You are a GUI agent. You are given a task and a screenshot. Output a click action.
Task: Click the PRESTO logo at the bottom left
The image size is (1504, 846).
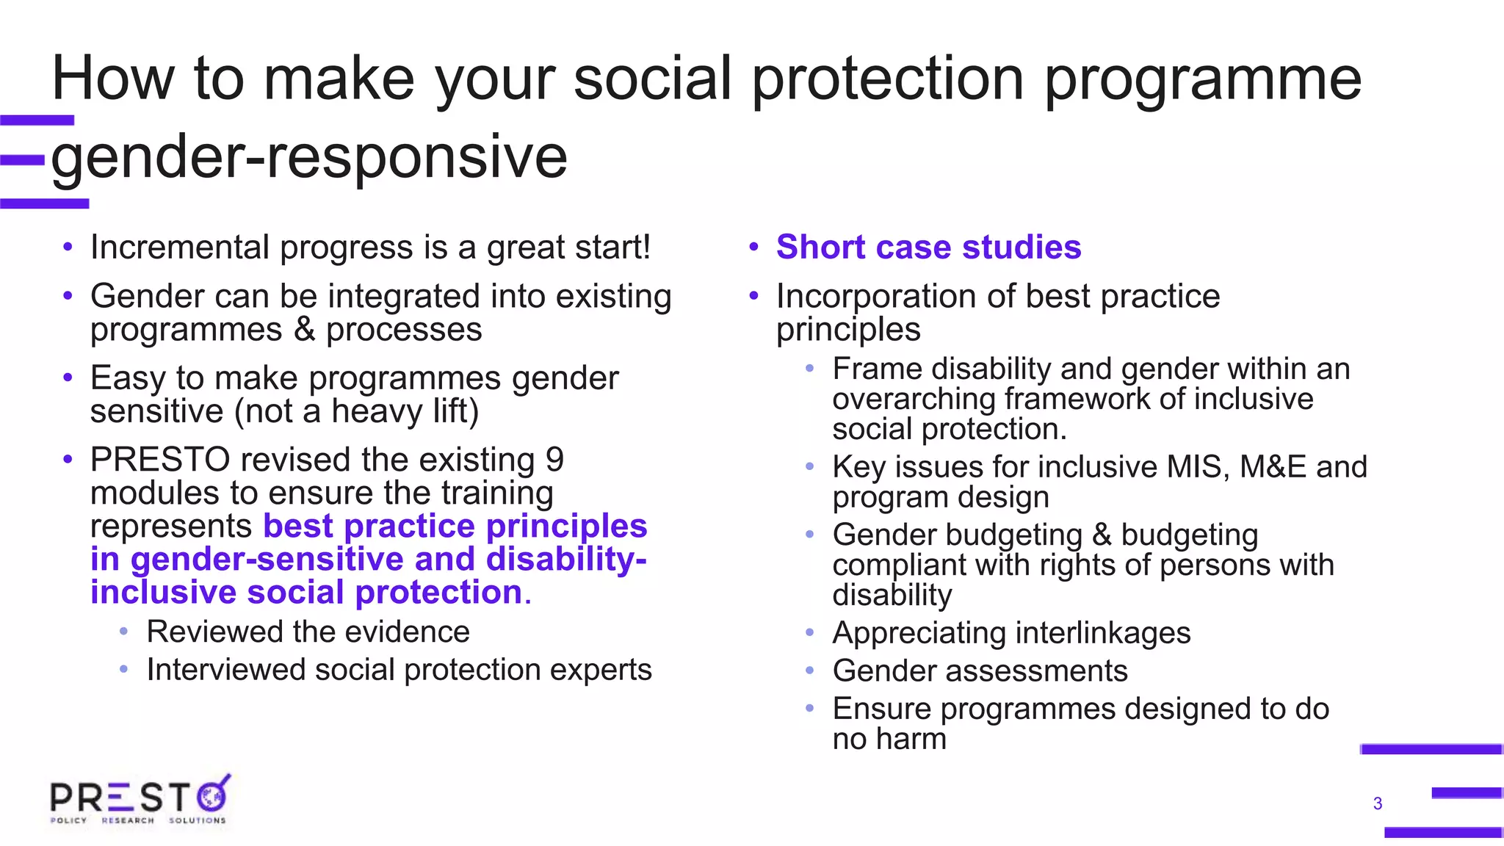point(140,800)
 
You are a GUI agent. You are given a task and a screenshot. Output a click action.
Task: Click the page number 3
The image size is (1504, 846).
point(1378,803)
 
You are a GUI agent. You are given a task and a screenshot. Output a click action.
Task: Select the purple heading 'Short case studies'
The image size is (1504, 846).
point(928,247)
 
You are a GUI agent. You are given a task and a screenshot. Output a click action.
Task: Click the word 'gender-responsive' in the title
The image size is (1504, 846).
point(309,156)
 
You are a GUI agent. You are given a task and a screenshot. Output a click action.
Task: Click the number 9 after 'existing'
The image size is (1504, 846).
point(554,460)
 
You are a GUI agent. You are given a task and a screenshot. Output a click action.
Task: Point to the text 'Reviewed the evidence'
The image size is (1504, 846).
point(308,632)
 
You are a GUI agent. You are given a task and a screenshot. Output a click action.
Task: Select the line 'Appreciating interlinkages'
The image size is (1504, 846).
point(1011,633)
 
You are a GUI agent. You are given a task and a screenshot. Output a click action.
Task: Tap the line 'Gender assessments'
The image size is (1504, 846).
point(980,671)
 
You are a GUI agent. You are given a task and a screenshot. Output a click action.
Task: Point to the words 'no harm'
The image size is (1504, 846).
point(889,739)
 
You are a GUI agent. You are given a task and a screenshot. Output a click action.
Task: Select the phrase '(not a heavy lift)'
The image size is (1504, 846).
point(356,411)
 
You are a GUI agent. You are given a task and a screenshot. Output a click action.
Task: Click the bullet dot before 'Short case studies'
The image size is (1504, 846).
point(753,247)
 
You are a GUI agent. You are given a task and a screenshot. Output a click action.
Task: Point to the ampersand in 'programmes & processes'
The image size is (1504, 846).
point(304,330)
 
